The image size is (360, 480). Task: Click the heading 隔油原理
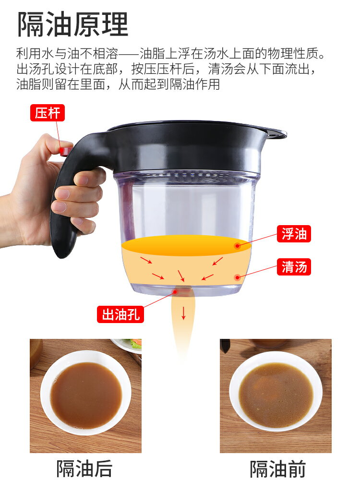pos(73,24)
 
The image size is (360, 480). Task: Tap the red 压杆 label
pos(48,113)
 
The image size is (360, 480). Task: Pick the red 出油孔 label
pos(120,314)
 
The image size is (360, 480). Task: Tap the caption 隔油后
pos(84,468)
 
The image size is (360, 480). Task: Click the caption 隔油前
pos(277,468)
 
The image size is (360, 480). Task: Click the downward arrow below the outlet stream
pos(183,313)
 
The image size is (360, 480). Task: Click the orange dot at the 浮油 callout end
pos(237,246)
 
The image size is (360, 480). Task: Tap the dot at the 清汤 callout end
pos(237,277)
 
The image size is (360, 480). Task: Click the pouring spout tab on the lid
pos(276,133)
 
